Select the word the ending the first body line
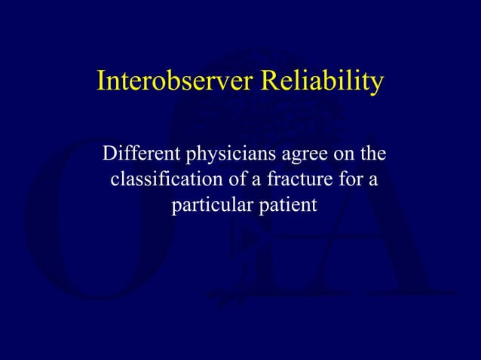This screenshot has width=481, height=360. click(x=369, y=155)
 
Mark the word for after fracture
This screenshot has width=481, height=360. click(x=352, y=180)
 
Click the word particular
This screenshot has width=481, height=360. click(x=204, y=205)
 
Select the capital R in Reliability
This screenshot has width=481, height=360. click(x=269, y=81)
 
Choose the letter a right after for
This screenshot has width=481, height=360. click(x=373, y=181)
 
